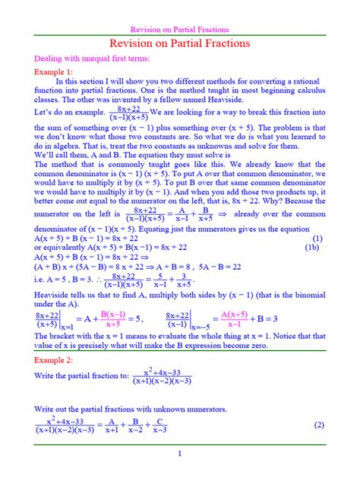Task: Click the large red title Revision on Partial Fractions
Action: tap(180, 44)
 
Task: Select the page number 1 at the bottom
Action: tap(180, 453)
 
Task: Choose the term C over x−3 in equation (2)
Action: tap(160, 425)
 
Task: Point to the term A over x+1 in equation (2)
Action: tap(111, 425)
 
